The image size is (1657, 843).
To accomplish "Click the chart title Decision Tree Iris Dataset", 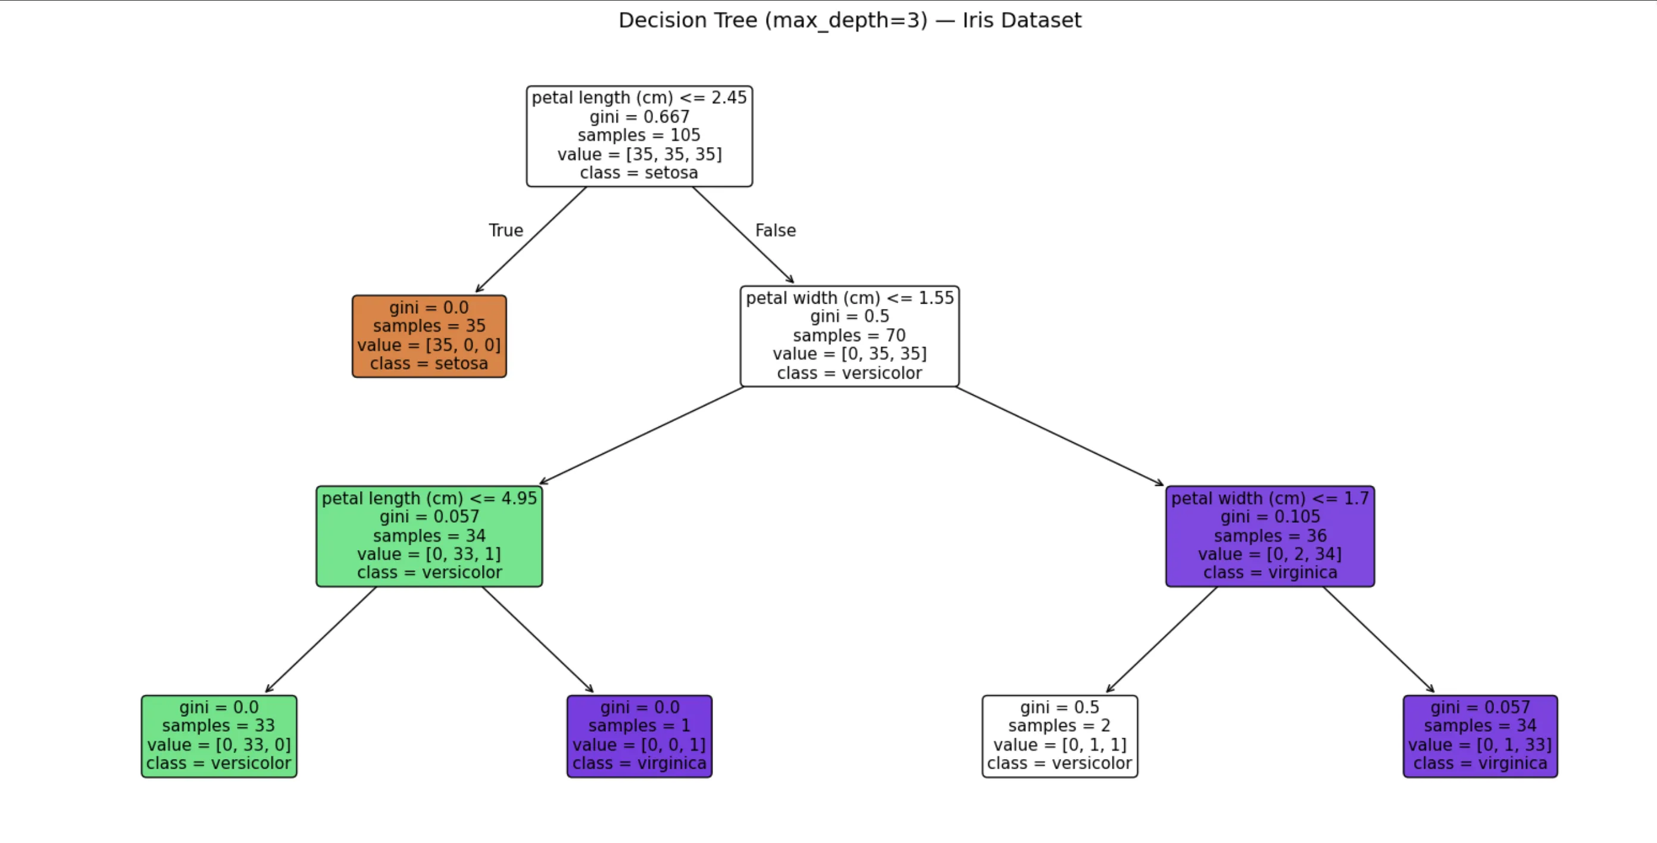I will click(x=850, y=21).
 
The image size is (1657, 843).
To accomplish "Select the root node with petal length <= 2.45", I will click(x=639, y=136).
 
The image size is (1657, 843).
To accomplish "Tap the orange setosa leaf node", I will click(x=429, y=336).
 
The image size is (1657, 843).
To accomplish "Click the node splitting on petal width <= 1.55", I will click(x=849, y=336).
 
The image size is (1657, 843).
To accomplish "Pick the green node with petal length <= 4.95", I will click(x=429, y=536).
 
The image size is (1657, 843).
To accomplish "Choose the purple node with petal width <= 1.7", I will click(x=1270, y=536).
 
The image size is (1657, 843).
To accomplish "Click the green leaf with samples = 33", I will click(x=218, y=735).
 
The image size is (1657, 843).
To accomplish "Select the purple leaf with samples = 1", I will click(x=639, y=735).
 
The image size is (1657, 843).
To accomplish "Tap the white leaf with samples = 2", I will click(x=1059, y=735).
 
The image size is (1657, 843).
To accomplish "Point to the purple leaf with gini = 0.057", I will click(x=1480, y=735).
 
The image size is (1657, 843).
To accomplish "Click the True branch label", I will click(x=505, y=230).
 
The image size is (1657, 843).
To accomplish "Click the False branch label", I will click(x=775, y=230).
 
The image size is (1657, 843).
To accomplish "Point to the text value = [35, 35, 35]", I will click(x=639, y=154).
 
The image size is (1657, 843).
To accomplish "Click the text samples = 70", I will click(x=849, y=335).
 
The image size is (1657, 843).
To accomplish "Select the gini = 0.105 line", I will click(x=1270, y=517).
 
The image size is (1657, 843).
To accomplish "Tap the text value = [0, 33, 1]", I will click(x=429, y=554).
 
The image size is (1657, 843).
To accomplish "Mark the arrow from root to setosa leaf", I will click(x=532, y=239).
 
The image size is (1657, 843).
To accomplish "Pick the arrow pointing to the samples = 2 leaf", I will click(x=1162, y=639).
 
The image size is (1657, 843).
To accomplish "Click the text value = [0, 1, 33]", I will click(x=1480, y=745).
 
